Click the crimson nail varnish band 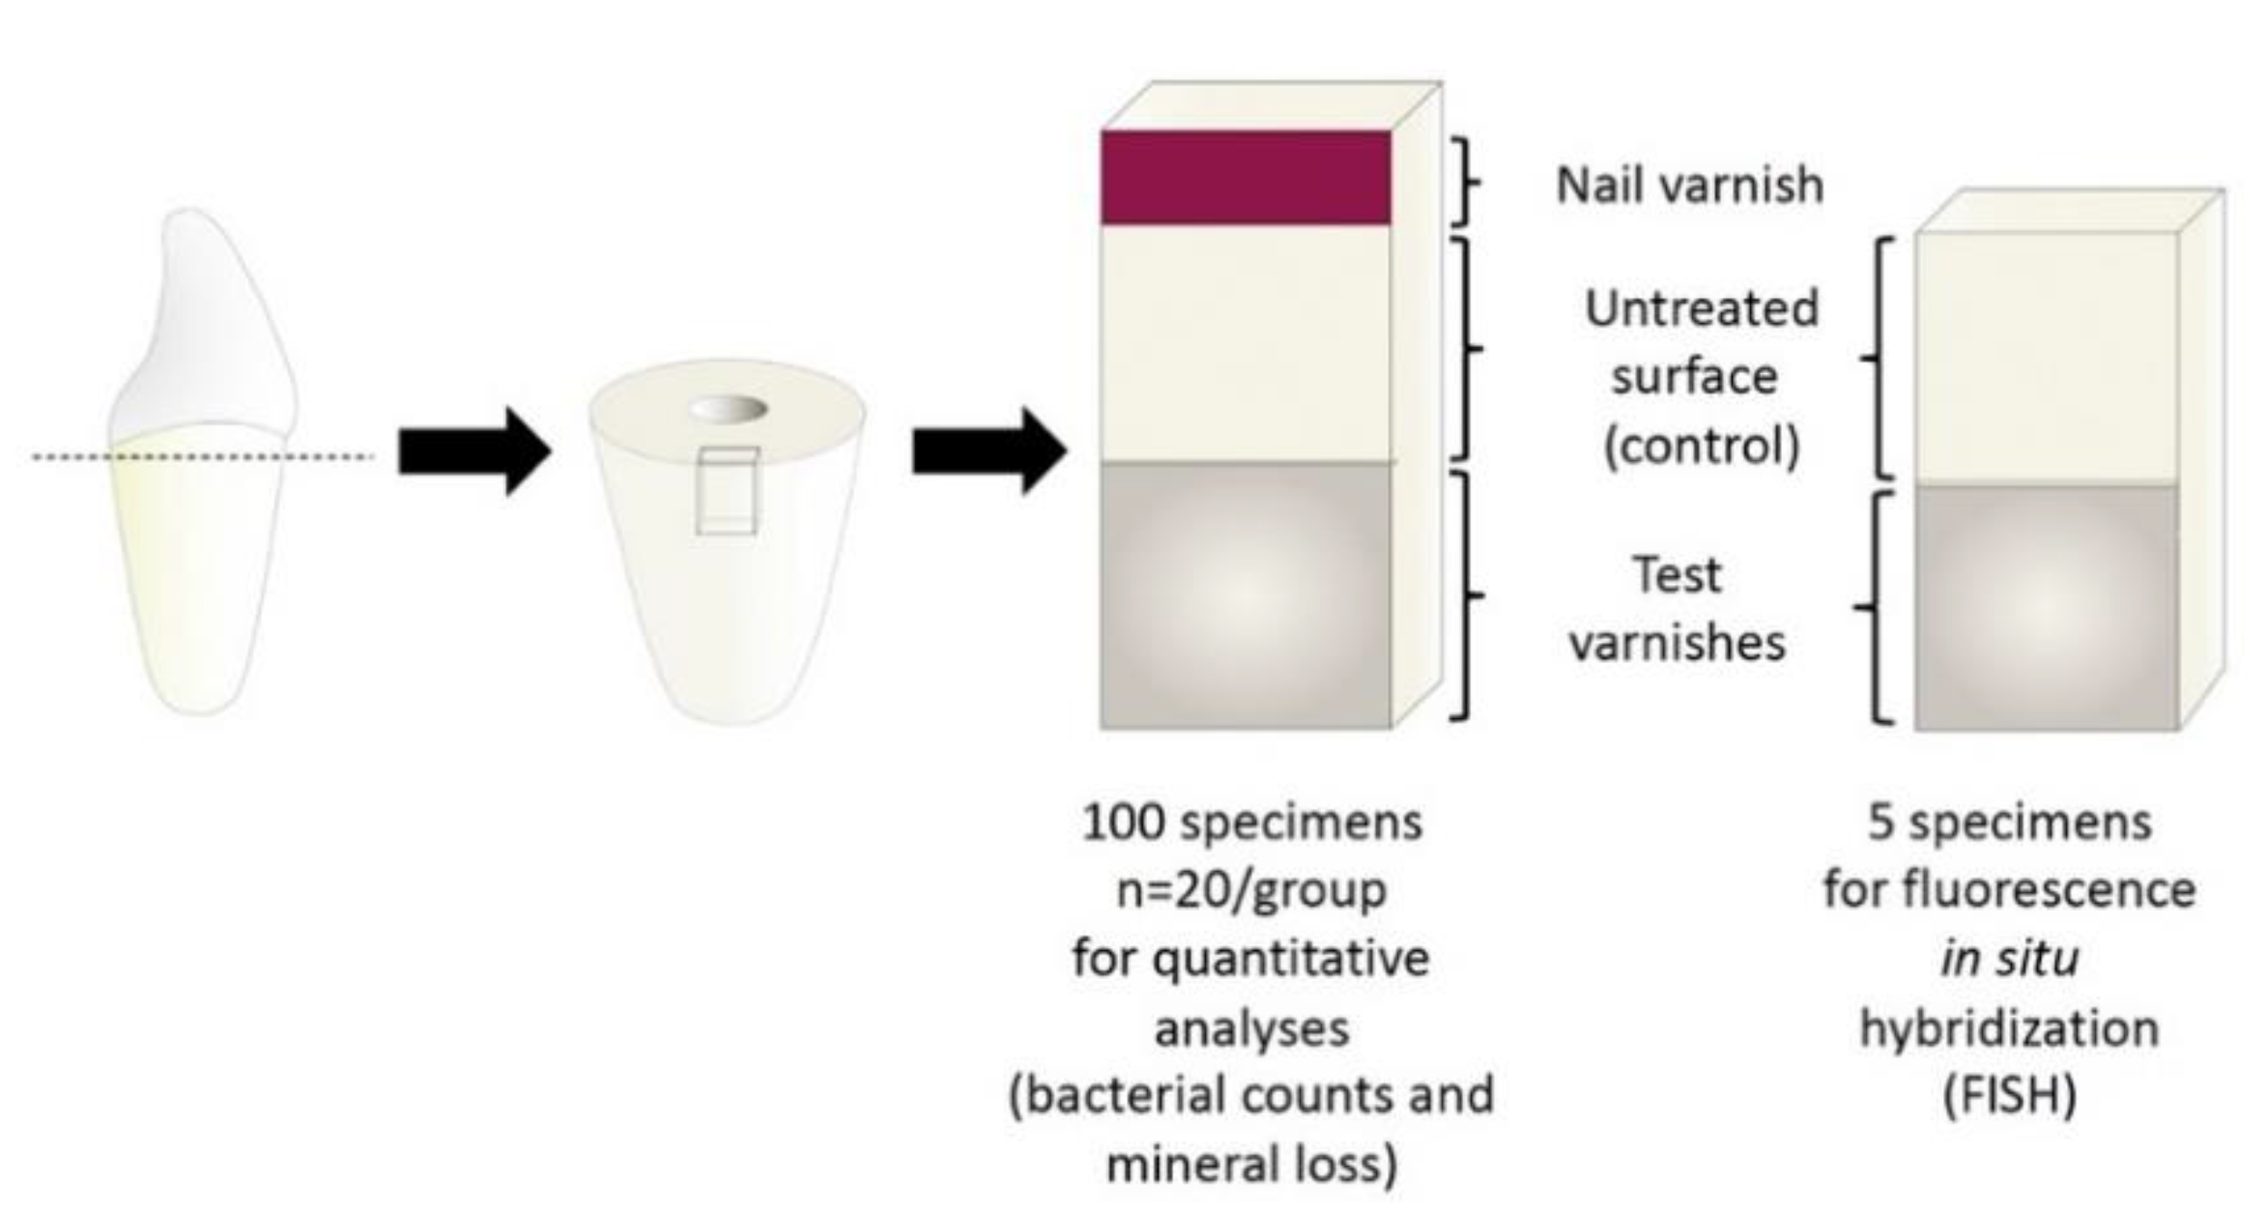tap(1245, 178)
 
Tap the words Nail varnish tap(1689, 185)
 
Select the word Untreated tap(1701, 309)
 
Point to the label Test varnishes tap(1678, 609)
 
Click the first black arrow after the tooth tap(474, 451)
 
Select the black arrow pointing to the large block tap(989, 451)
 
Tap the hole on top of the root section tap(728, 409)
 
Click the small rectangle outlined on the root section tap(727, 490)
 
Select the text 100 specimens tap(1251, 824)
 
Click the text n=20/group tap(1251, 891)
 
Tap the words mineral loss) tap(1251, 1164)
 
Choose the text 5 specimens tap(2010, 824)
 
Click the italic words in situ tap(2010, 959)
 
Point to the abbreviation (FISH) tap(2010, 1096)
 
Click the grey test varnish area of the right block tap(2046, 607)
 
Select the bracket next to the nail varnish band tap(1466, 182)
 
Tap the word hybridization tap(2010, 1029)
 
